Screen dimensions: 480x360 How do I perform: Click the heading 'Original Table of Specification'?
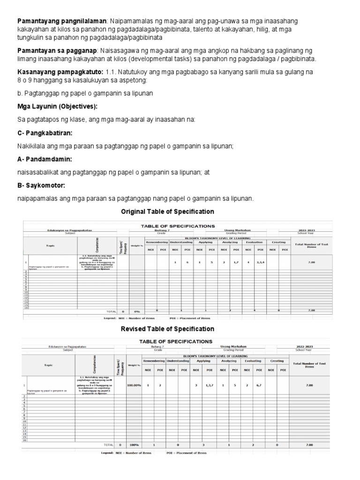(167, 212)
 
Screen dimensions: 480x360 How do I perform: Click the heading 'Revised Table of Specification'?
(167, 329)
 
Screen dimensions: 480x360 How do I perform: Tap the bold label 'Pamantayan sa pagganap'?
(57, 50)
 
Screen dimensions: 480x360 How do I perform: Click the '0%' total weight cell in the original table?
(137, 311)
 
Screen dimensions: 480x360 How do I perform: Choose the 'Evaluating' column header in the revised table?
(254, 361)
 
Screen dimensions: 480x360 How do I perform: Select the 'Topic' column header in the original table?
(50, 246)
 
